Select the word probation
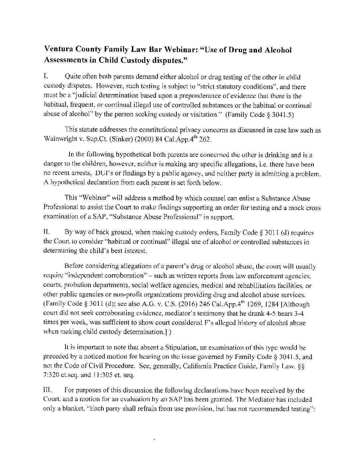(x=78, y=286)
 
